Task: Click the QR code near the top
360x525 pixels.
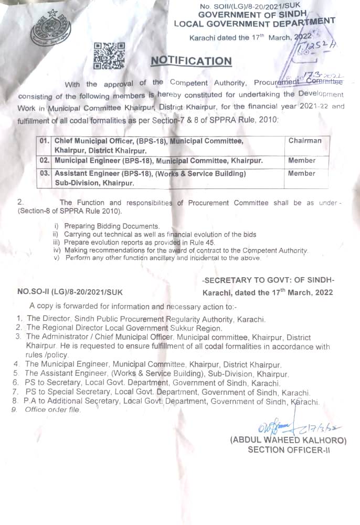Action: click(x=109, y=56)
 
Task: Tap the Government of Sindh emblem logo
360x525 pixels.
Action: click(x=51, y=27)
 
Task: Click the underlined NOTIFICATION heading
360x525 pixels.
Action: click(x=191, y=61)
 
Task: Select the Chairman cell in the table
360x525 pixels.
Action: click(x=305, y=141)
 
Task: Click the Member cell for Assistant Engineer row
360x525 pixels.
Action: click(x=302, y=173)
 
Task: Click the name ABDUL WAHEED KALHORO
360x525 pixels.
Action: click(x=288, y=440)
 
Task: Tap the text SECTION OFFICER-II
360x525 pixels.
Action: click(x=289, y=449)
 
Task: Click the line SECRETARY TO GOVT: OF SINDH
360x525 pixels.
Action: click(x=268, y=280)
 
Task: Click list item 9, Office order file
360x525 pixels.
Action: click(x=52, y=409)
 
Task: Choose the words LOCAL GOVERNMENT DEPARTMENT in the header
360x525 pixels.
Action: click(x=255, y=23)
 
